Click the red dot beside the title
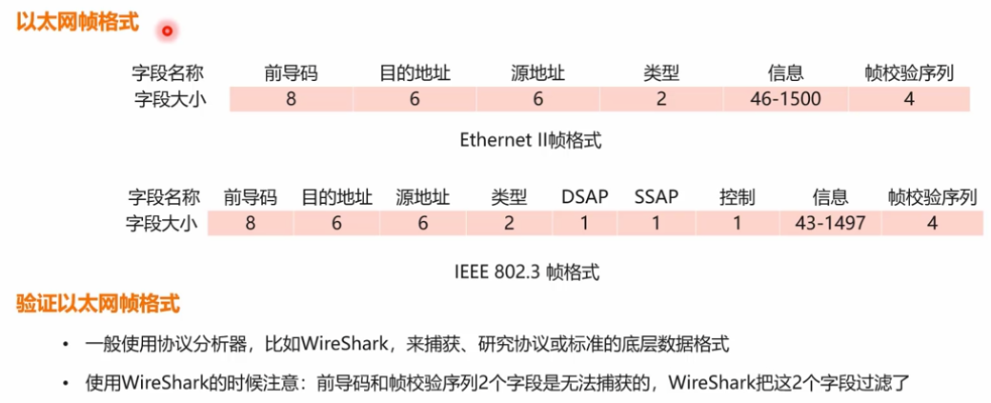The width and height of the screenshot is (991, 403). click(x=167, y=30)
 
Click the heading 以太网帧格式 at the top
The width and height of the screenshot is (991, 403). click(x=78, y=22)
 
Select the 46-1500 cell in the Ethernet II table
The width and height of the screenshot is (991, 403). click(x=785, y=98)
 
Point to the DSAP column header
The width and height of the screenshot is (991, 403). click(x=584, y=197)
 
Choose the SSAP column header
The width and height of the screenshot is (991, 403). click(x=657, y=197)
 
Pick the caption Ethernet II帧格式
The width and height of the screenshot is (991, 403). click(x=531, y=141)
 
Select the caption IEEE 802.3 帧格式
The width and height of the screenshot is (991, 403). click(x=527, y=271)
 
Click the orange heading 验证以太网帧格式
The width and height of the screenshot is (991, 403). click(x=98, y=305)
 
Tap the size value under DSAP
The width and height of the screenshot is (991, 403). click(x=584, y=223)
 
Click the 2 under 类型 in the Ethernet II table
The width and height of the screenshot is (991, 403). click(x=661, y=98)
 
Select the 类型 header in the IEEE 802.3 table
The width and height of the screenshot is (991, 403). click(x=509, y=197)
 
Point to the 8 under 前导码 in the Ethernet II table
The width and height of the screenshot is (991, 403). click(x=291, y=98)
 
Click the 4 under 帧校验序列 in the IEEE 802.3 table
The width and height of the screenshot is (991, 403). click(x=933, y=223)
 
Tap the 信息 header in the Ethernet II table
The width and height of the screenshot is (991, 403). click(x=785, y=72)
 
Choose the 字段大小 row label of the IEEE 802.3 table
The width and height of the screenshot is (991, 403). click(x=162, y=223)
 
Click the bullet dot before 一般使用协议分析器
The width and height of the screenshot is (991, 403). click(x=65, y=344)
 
